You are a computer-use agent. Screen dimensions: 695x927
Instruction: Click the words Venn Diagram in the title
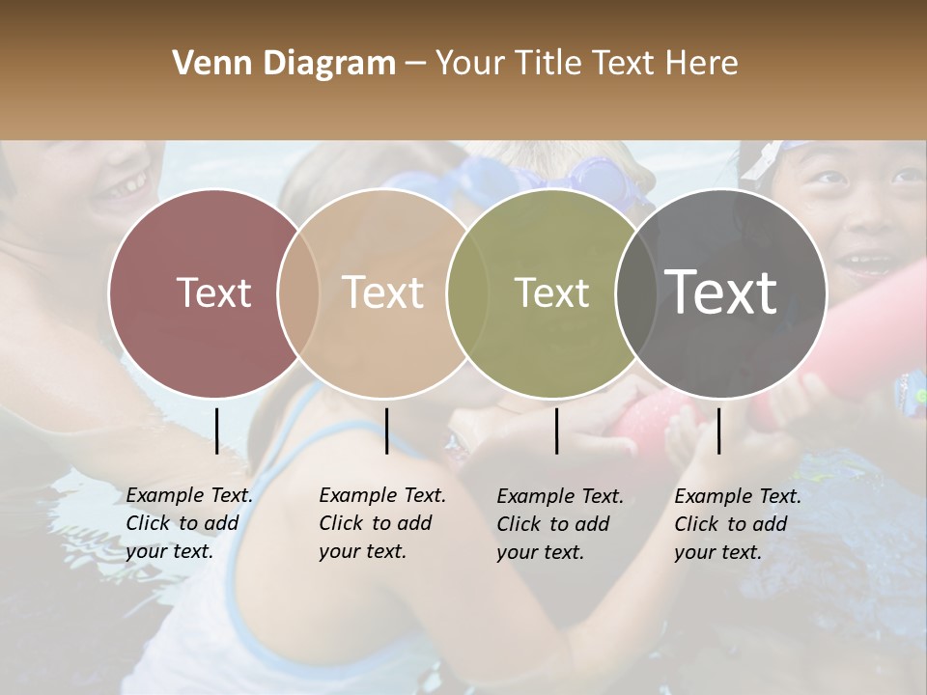click(284, 64)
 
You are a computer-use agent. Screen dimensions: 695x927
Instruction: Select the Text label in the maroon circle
click(213, 292)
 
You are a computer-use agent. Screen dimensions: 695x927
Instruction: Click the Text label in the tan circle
click(383, 292)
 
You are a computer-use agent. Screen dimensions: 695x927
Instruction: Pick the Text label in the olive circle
click(551, 292)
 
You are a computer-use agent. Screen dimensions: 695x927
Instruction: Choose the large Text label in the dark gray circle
click(721, 292)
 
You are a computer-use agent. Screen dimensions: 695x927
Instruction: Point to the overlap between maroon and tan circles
click(298, 292)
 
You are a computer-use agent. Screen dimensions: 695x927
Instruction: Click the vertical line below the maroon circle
click(216, 431)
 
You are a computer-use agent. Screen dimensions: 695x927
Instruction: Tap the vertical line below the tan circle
click(386, 431)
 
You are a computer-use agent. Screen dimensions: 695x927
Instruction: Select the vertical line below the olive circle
click(557, 431)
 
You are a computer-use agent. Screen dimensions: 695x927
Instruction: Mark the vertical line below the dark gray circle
click(719, 431)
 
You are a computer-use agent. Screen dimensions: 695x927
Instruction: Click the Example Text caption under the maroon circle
click(188, 523)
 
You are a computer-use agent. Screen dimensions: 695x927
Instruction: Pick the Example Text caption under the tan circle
click(381, 523)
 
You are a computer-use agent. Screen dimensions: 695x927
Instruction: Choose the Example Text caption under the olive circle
click(559, 524)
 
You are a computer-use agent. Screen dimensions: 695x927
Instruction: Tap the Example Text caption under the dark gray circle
click(737, 524)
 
